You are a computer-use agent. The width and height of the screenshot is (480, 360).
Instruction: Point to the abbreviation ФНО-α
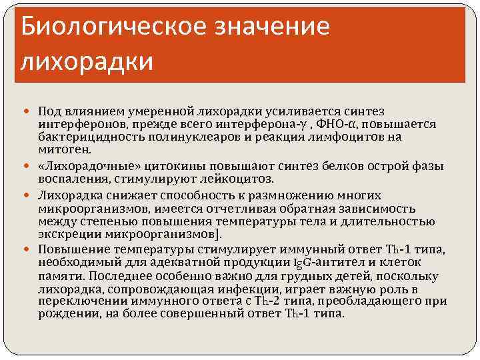point(332,125)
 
